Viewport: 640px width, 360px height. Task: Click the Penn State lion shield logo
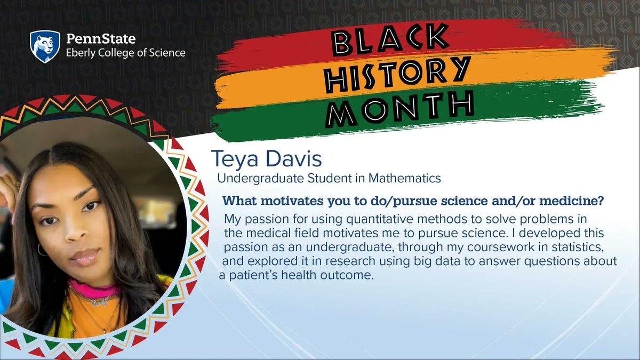tap(44, 46)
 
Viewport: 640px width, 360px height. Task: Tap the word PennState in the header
tap(100, 39)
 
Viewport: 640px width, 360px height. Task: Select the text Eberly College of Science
tap(125, 53)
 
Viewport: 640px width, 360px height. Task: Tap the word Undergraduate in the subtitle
tap(254, 178)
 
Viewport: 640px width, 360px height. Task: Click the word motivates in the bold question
tap(277, 202)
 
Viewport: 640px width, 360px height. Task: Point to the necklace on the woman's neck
tap(93, 300)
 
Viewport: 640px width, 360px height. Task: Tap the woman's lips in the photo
tap(85, 257)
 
